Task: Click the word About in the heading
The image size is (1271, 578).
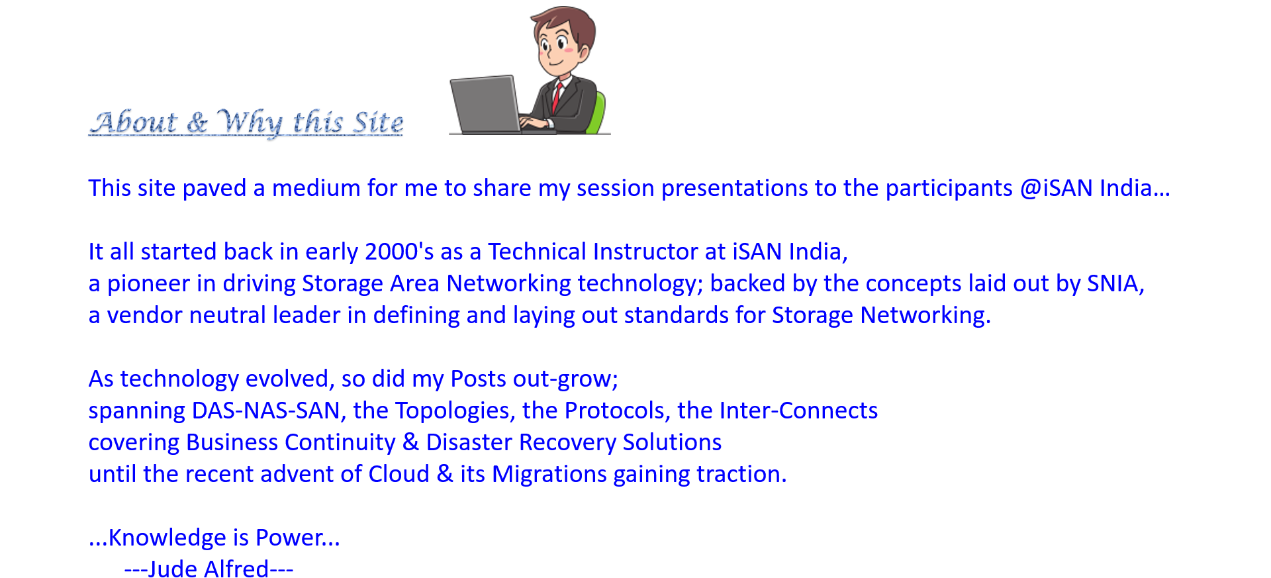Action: (x=134, y=122)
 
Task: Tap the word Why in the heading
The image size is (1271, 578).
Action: (x=249, y=122)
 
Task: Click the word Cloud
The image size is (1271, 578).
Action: (x=399, y=474)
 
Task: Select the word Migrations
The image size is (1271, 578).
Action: (x=549, y=475)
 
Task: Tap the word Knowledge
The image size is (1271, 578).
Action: (x=167, y=538)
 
